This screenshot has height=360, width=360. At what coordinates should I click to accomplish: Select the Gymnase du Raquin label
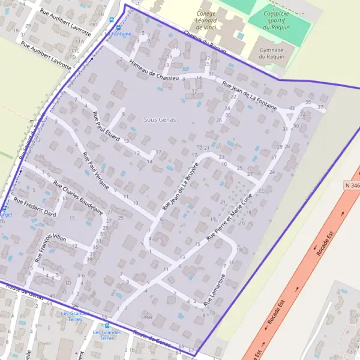(270, 53)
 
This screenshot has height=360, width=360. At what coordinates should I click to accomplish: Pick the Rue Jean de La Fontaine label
(249, 96)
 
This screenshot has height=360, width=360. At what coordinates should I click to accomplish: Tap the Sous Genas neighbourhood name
(160, 120)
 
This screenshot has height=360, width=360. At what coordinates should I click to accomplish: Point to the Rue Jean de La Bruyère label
(180, 185)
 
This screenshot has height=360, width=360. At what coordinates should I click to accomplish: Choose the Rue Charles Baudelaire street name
(78, 197)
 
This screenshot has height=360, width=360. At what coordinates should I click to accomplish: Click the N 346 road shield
(352, 186)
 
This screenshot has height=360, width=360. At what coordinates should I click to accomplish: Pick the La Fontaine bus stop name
(119, 34)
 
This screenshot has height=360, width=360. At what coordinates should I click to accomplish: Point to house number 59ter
(146, 317)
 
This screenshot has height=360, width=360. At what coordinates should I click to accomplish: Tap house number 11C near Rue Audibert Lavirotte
(76, 51)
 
